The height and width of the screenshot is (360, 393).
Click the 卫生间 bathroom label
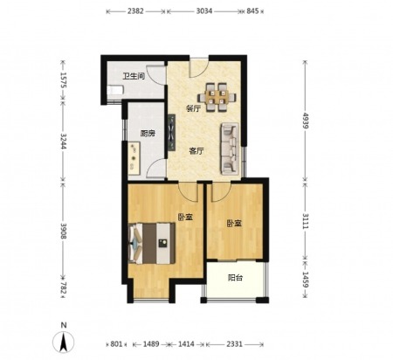tap(134, 77)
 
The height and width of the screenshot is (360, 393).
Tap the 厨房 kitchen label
tap(148, 134)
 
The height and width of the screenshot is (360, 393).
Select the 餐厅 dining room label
tap(193, 109)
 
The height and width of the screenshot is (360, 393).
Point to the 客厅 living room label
tap(196, 151)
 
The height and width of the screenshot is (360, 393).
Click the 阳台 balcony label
tap(235, 278)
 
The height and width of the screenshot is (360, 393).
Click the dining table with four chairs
tap(217, 97)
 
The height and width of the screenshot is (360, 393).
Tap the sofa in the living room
tap(230, 149)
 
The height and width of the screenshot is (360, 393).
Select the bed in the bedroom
tap(152, 243)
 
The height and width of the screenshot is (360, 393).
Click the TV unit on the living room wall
tap(172, 133)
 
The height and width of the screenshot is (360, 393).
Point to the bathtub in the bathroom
tap(114, 90)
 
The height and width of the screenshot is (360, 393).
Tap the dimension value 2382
tap(135, 11)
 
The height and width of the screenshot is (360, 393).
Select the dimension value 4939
tap(306, 121)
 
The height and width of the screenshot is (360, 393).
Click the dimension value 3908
tap(64, 231)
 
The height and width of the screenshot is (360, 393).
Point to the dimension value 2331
tap(234, 344)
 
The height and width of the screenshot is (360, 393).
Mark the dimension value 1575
tap(64, 80)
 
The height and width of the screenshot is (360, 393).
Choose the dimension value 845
tap(252, 11)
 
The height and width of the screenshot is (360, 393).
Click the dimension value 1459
tap(306, 280)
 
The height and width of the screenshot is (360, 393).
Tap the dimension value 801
tap(116, 344)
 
